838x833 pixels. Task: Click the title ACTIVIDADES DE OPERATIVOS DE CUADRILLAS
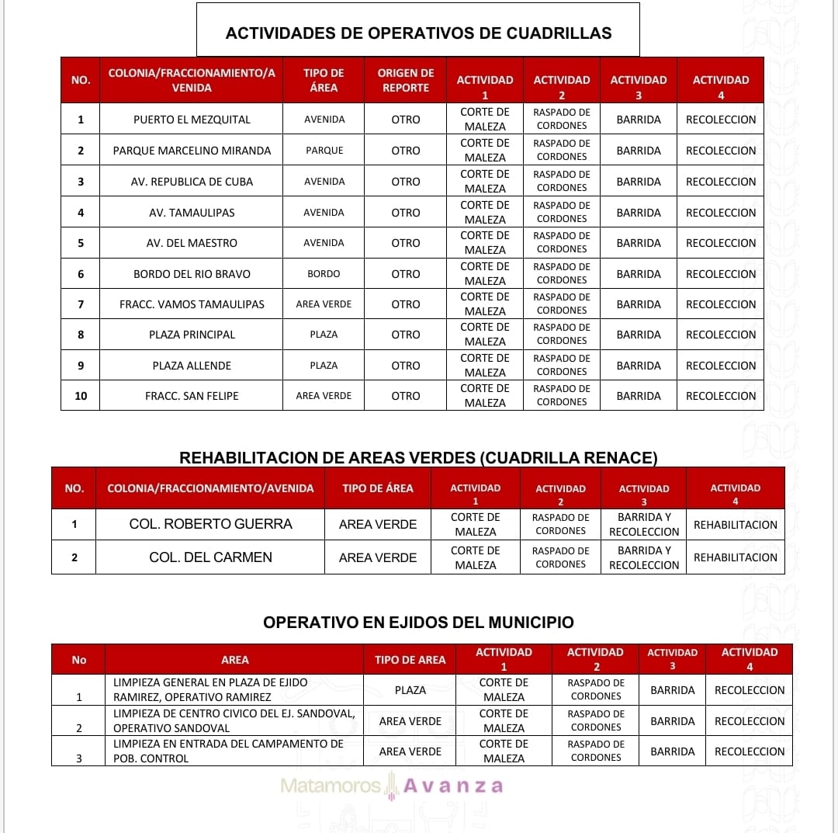pos(418,33)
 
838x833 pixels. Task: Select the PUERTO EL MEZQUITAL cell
pos(192,120)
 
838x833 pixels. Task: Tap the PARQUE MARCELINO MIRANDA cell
pos(192,151)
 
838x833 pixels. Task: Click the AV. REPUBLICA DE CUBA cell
pos(192,182)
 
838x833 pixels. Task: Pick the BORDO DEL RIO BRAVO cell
pos(192,274)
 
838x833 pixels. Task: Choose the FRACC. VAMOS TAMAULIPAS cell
pos(192,304)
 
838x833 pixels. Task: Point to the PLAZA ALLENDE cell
pos(192,366)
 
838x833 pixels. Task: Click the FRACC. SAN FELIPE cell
pos(192,396)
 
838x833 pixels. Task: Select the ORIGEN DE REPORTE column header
pos(405,80)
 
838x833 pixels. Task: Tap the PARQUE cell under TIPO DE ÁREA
pos(324,151)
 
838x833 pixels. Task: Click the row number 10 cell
pos(81,396)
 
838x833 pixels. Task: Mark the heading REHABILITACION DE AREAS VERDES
pos(418,458)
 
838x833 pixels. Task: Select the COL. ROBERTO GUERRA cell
pos(210,525)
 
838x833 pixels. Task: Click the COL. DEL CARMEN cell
pos(210,557)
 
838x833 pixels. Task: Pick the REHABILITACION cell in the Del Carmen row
pos(735,557)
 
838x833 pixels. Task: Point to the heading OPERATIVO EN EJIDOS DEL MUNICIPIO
pos(418,623)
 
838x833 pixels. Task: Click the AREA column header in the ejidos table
pos(234,660)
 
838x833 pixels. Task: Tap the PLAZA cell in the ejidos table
pos(410,690)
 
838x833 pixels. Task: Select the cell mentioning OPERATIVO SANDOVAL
pos(234,721)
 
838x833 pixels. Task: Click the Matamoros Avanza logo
pos(392,786)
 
